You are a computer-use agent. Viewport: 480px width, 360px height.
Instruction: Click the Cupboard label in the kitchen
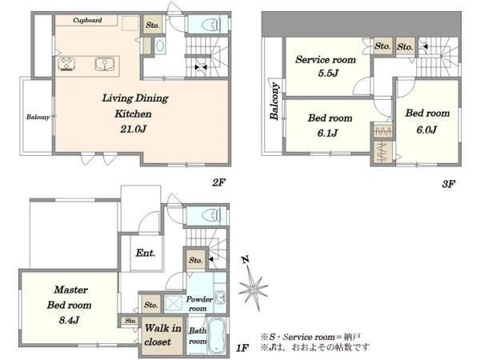click(x=87, y=21)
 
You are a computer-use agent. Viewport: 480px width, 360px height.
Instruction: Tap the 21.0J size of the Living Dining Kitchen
click(x=133, y=129)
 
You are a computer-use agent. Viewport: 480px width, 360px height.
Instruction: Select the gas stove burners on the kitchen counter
click(x=66, y=64)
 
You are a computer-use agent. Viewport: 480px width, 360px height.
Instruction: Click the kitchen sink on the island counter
click(x=104, y=64)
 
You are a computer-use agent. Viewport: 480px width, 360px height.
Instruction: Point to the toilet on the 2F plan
click(x=211, y=25)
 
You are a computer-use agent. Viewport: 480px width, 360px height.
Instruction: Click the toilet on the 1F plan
click(x=211, y=215)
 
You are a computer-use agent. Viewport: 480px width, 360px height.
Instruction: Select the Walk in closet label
click(x=162, y=335)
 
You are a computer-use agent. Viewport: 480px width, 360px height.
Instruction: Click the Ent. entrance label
click(x=146, y=253)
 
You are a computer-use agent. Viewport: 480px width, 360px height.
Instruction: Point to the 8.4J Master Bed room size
click(x=69, y=320)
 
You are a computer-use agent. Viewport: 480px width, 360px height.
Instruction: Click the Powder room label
click(x=199, y=304)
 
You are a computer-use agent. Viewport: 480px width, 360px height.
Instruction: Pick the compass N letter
click(x=246, y=259)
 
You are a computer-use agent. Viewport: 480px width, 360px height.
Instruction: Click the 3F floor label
click(x=449, y=184)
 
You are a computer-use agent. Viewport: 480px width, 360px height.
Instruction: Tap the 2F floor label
click(x=219, y=182)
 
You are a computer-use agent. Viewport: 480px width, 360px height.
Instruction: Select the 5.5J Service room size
click(x=328, y=73)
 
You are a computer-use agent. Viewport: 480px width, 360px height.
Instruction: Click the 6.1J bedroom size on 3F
click(x=327, y=133)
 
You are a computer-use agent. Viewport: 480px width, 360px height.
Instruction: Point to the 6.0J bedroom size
click(x=426, y=130)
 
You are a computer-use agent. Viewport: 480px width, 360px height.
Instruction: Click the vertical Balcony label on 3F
click(x=274, y=101)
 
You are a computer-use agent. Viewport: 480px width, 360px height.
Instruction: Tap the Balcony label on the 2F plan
click(x=38, y=117)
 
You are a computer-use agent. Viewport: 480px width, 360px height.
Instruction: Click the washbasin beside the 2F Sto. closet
click(x=159, y=46)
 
